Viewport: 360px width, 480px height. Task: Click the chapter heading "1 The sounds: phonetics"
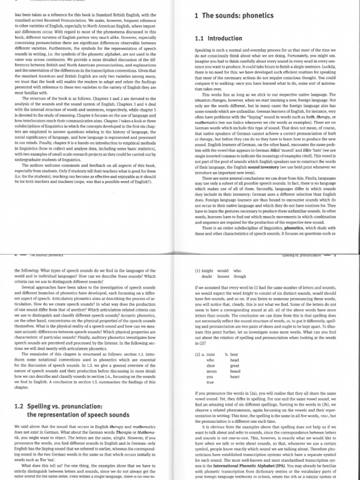click(x=234, y=16)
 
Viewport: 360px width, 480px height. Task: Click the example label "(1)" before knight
click(x=198, y=270)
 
